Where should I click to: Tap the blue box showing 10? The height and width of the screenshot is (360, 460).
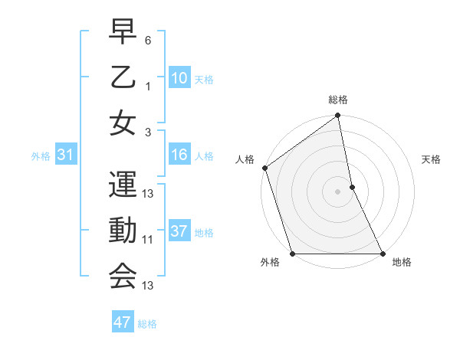pyautogui.click(x=179, y=77)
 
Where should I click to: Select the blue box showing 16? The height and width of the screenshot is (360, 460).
pyautogui.click(x=179, y=155)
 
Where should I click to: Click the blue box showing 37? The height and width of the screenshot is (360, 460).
pyautogui.click(x=179, y=231)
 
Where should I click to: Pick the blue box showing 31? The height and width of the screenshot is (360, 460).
pyautogui.click(x=66, y=155)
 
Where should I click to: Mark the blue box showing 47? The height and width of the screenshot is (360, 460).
pyautogui.click(x=123, y=322)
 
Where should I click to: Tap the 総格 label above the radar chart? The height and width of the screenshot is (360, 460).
pyautogui.click(x=338, y=100)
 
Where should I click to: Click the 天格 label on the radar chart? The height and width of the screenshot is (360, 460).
pyautogui.click(x=432, y=159)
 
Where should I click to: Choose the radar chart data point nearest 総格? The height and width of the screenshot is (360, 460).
pyautogui.click(x=338, y=116)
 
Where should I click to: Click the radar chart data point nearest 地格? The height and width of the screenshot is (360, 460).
pyautogui.click(x=382, y=254)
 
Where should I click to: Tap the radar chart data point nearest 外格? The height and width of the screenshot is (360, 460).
pyautogui.click(x=292, y=254)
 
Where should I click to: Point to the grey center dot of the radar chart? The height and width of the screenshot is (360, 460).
pyautogui.click(x=338, y=191)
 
